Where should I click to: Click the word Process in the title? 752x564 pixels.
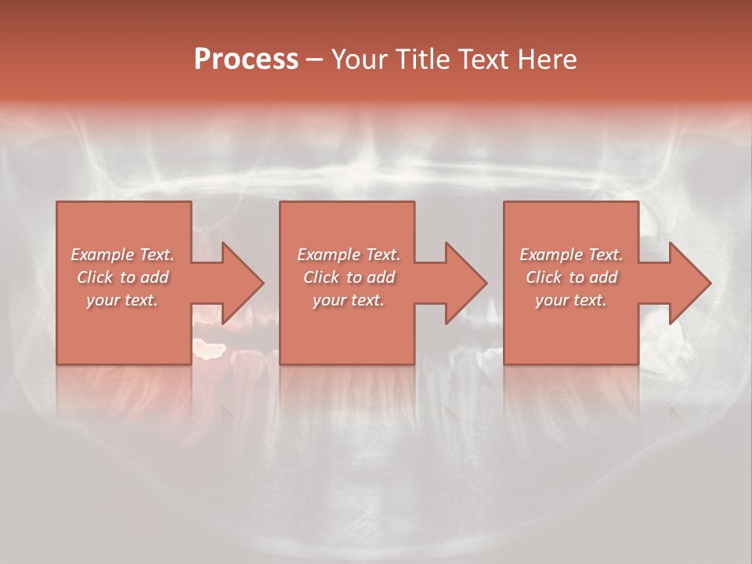coord(246,60)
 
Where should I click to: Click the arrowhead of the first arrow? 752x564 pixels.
coord(243,283)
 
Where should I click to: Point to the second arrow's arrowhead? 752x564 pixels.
coord(466,283)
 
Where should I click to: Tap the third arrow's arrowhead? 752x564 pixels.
coord(690,283)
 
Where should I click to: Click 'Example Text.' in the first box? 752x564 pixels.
coord(122,255)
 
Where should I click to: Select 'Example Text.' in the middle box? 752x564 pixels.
coord(349,255)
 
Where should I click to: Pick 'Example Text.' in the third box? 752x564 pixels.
coord(571,255)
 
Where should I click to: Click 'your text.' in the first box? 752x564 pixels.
coord(122,300)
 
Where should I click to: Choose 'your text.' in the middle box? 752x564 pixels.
coord(349,300)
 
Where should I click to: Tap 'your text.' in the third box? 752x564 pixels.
coord(571,300)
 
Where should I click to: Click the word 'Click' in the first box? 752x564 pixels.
coord(95,277)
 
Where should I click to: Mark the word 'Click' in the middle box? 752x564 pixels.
coord(321,277)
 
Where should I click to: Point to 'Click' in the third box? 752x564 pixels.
coord(544,277)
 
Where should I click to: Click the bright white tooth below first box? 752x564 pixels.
coord(209,349)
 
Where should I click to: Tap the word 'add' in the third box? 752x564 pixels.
coord(603,277)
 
